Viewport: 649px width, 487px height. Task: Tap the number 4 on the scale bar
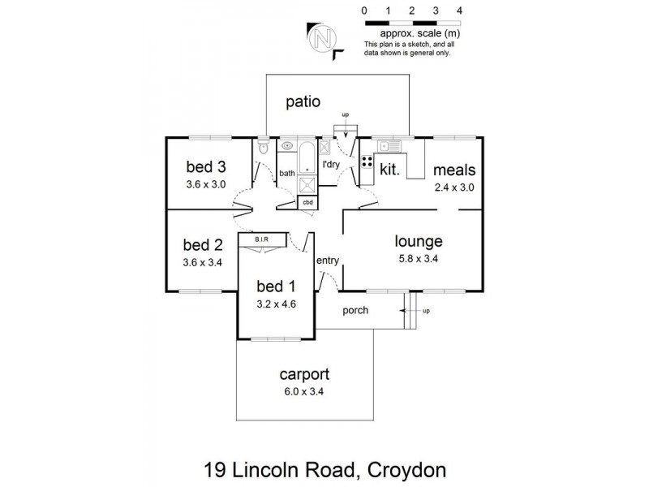tap(459, 11)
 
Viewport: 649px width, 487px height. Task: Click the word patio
tap(303, 102)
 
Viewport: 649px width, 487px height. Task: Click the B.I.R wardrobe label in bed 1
tap(261, 239)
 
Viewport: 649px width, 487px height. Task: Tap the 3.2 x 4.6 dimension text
tap(275, 304)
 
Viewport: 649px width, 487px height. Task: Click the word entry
tap(328, 261)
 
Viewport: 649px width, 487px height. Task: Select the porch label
tap(355, 310)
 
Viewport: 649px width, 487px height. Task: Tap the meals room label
tap(453, 170)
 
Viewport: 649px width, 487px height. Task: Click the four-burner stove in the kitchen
tap(366, 158)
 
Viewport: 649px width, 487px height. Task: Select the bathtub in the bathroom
tap(307, 157)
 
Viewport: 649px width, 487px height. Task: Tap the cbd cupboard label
tap(307, 200)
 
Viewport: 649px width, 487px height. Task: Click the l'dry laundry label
tap(331, 166)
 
